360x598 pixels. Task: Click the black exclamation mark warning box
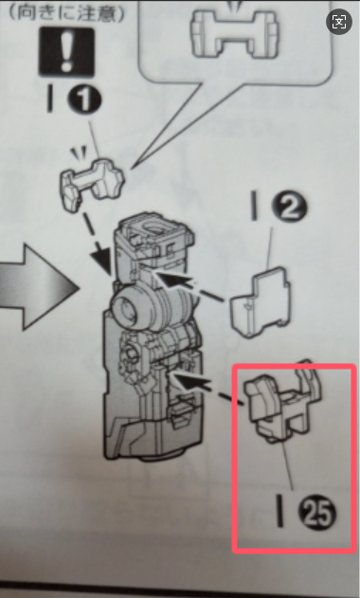click(66, 52)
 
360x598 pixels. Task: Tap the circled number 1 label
click(84, 100)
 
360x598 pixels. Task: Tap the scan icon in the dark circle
click(339, 22)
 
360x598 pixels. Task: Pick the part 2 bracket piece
click(261, 302)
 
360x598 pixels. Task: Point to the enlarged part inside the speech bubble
click(235, 30)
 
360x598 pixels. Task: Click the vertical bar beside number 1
click(49, 99)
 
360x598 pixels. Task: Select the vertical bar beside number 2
click(254, 206)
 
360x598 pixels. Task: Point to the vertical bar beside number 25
click(280, 511)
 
